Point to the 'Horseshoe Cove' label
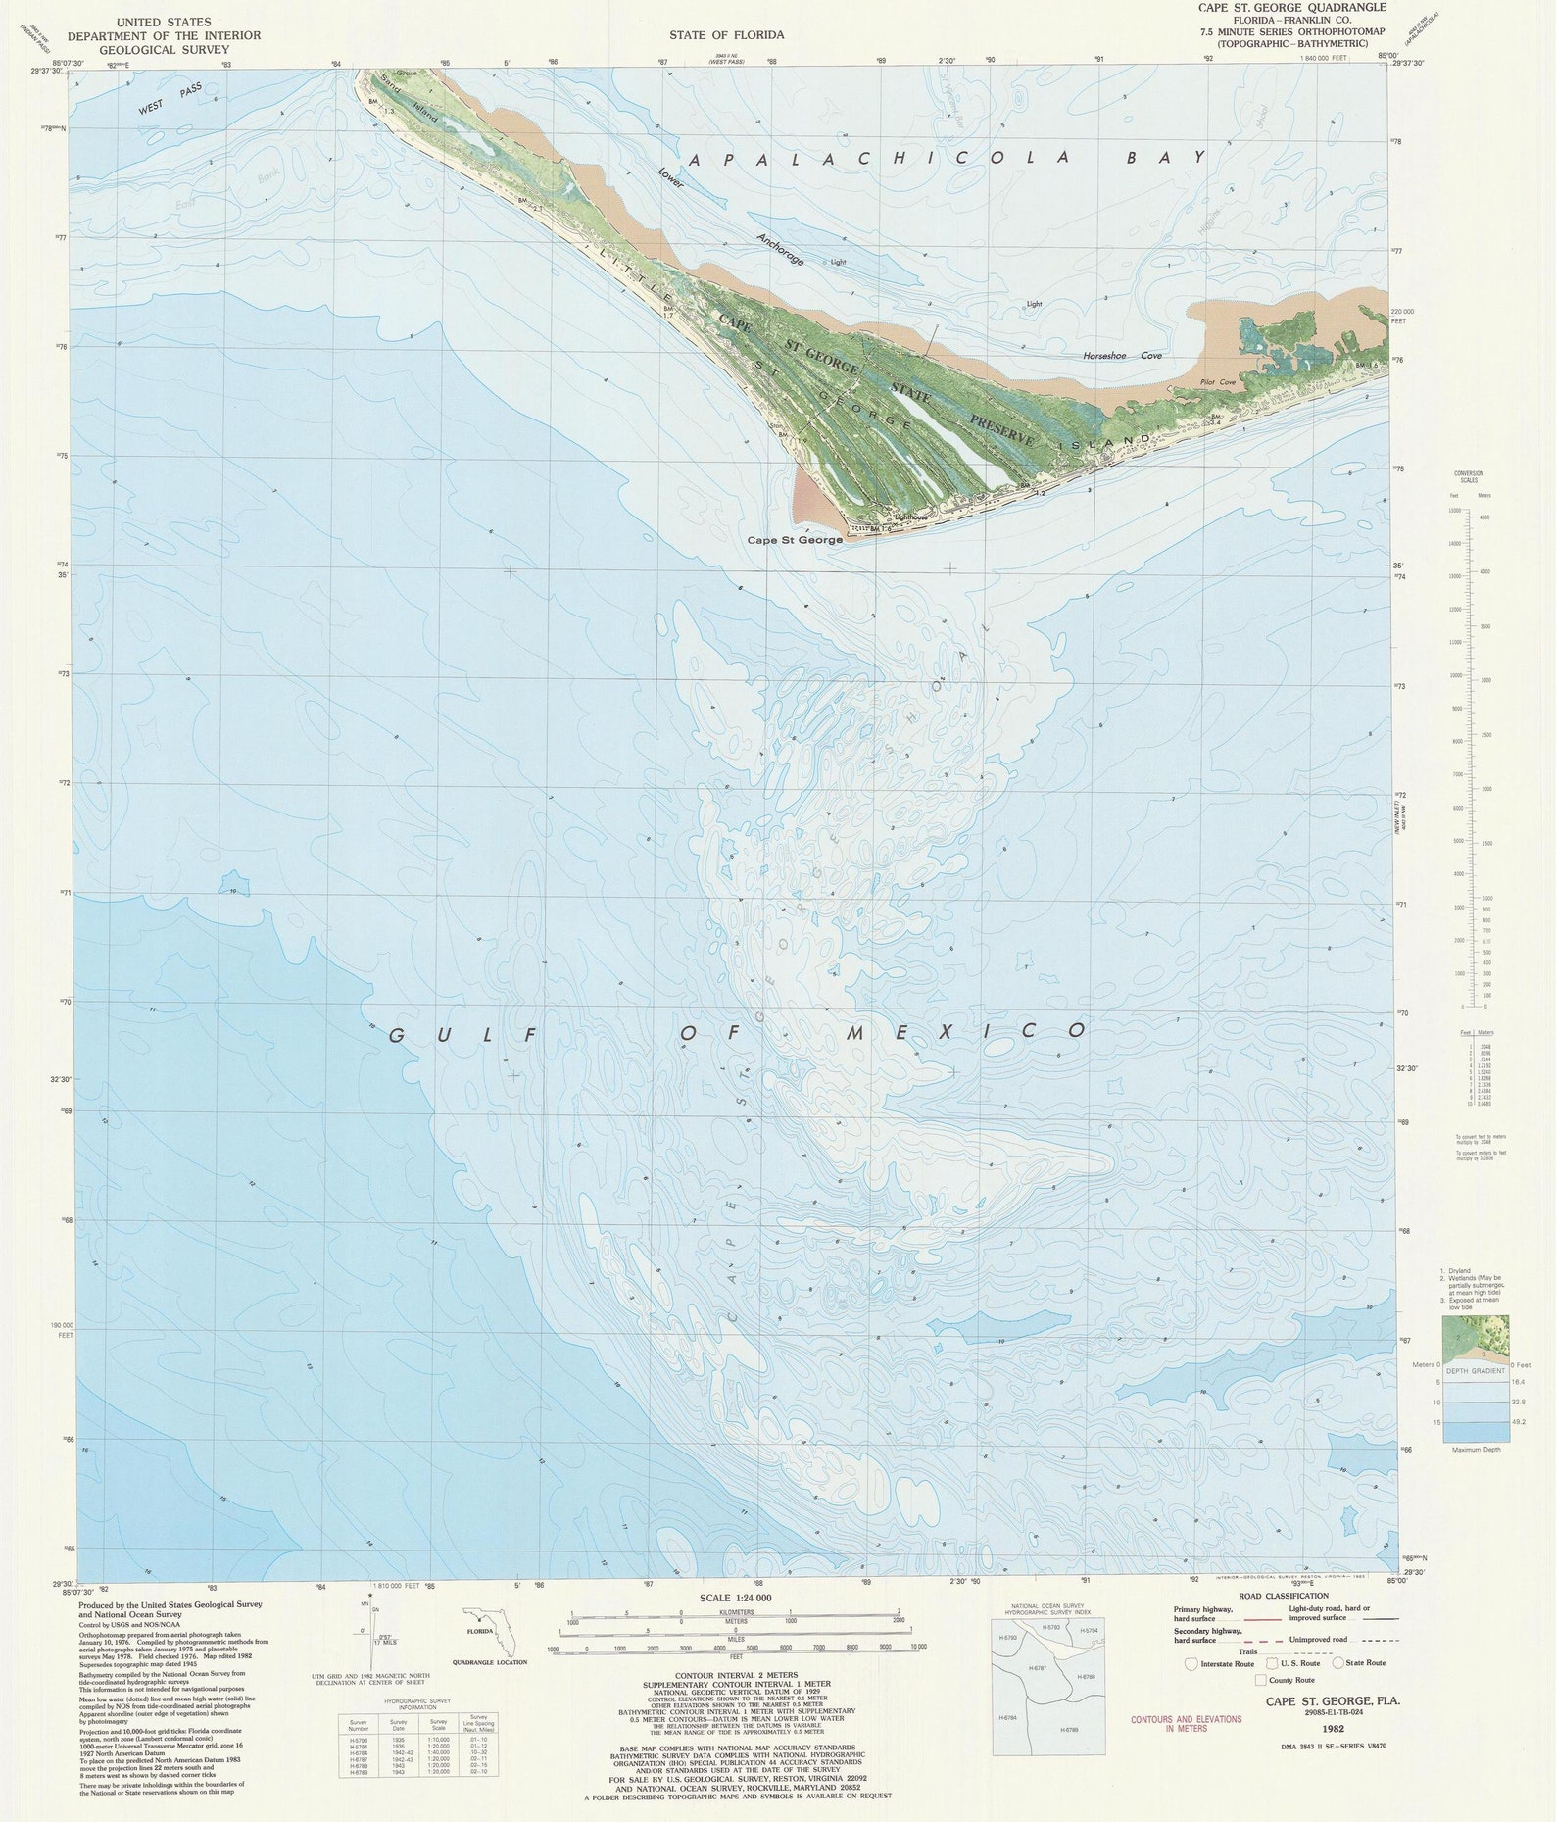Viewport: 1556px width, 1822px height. (1122, 356)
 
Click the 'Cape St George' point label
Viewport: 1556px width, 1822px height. (794, 540)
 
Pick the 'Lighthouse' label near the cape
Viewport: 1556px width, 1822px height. (910, 517)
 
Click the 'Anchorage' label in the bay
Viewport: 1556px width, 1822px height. (780, 249)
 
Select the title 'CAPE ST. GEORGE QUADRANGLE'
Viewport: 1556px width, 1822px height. (1291, 8)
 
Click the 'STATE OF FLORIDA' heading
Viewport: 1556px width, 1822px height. (726, 35)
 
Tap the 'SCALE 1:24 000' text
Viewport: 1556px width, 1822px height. (735, 1598)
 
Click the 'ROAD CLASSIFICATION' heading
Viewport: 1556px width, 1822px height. (1284, 1597)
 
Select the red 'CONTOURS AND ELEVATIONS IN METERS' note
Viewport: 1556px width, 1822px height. (1186, 1724)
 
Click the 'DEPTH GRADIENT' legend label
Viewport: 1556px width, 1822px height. (1475, 1370)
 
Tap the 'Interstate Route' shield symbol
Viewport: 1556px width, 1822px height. (1191, 1663)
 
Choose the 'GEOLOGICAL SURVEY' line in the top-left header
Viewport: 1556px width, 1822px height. (164, 50)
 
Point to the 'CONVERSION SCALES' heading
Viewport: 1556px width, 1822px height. (1469, 477)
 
